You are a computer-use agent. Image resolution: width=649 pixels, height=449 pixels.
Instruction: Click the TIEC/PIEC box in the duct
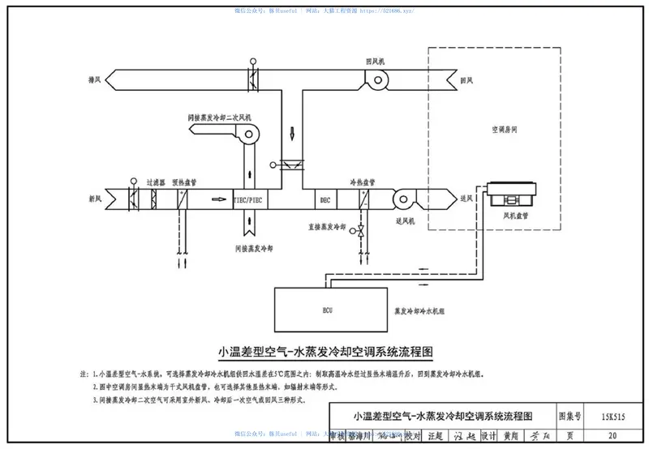click(249, 198)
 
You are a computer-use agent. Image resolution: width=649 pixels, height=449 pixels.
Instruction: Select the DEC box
click(324, 198)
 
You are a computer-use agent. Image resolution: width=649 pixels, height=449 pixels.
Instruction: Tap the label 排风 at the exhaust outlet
click(94, 79)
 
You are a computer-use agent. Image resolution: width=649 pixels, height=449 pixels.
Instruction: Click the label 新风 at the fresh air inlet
click(94, 198)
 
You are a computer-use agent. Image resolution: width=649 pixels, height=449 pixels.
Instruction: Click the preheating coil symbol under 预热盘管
click(180, 198)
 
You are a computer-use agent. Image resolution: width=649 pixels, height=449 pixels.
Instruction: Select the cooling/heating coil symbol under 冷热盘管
click(367, 198)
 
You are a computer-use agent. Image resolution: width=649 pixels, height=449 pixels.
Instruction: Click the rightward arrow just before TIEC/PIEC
click(218, 198)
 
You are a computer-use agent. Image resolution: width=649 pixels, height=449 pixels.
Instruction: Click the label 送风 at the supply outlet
click(466, 198)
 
